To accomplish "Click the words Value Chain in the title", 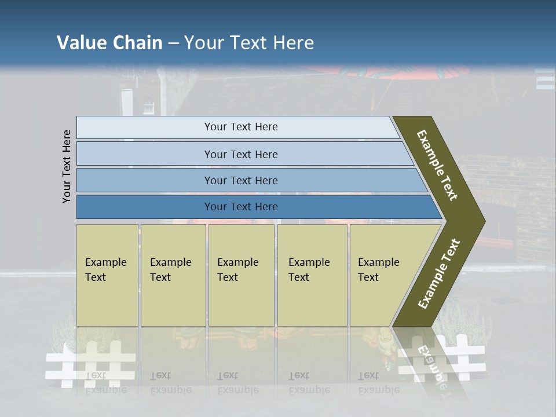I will click(x=109, y=43).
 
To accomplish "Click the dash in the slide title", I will click(x=173, y=43).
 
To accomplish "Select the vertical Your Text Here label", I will click(x=67, y=166).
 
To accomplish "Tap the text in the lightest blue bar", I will click(x=241, y=127).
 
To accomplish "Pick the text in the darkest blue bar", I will click(x=241, y=207).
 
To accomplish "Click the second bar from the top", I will click(x=241, y=154).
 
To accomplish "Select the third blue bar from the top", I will click(x=241, y=181).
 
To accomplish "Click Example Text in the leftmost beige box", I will click(x=105, y=270).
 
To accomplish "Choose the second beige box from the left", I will click(x=172, y=276).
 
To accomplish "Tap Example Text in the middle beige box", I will click(x=237, y=270).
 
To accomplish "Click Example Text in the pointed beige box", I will click(x=378, y=270).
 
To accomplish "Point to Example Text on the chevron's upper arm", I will click(x=438, y=165).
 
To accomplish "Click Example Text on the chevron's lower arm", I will click(x=439, y=274).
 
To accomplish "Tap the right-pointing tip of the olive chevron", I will click(x=482, y=221).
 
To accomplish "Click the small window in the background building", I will click(x=149, y=107).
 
